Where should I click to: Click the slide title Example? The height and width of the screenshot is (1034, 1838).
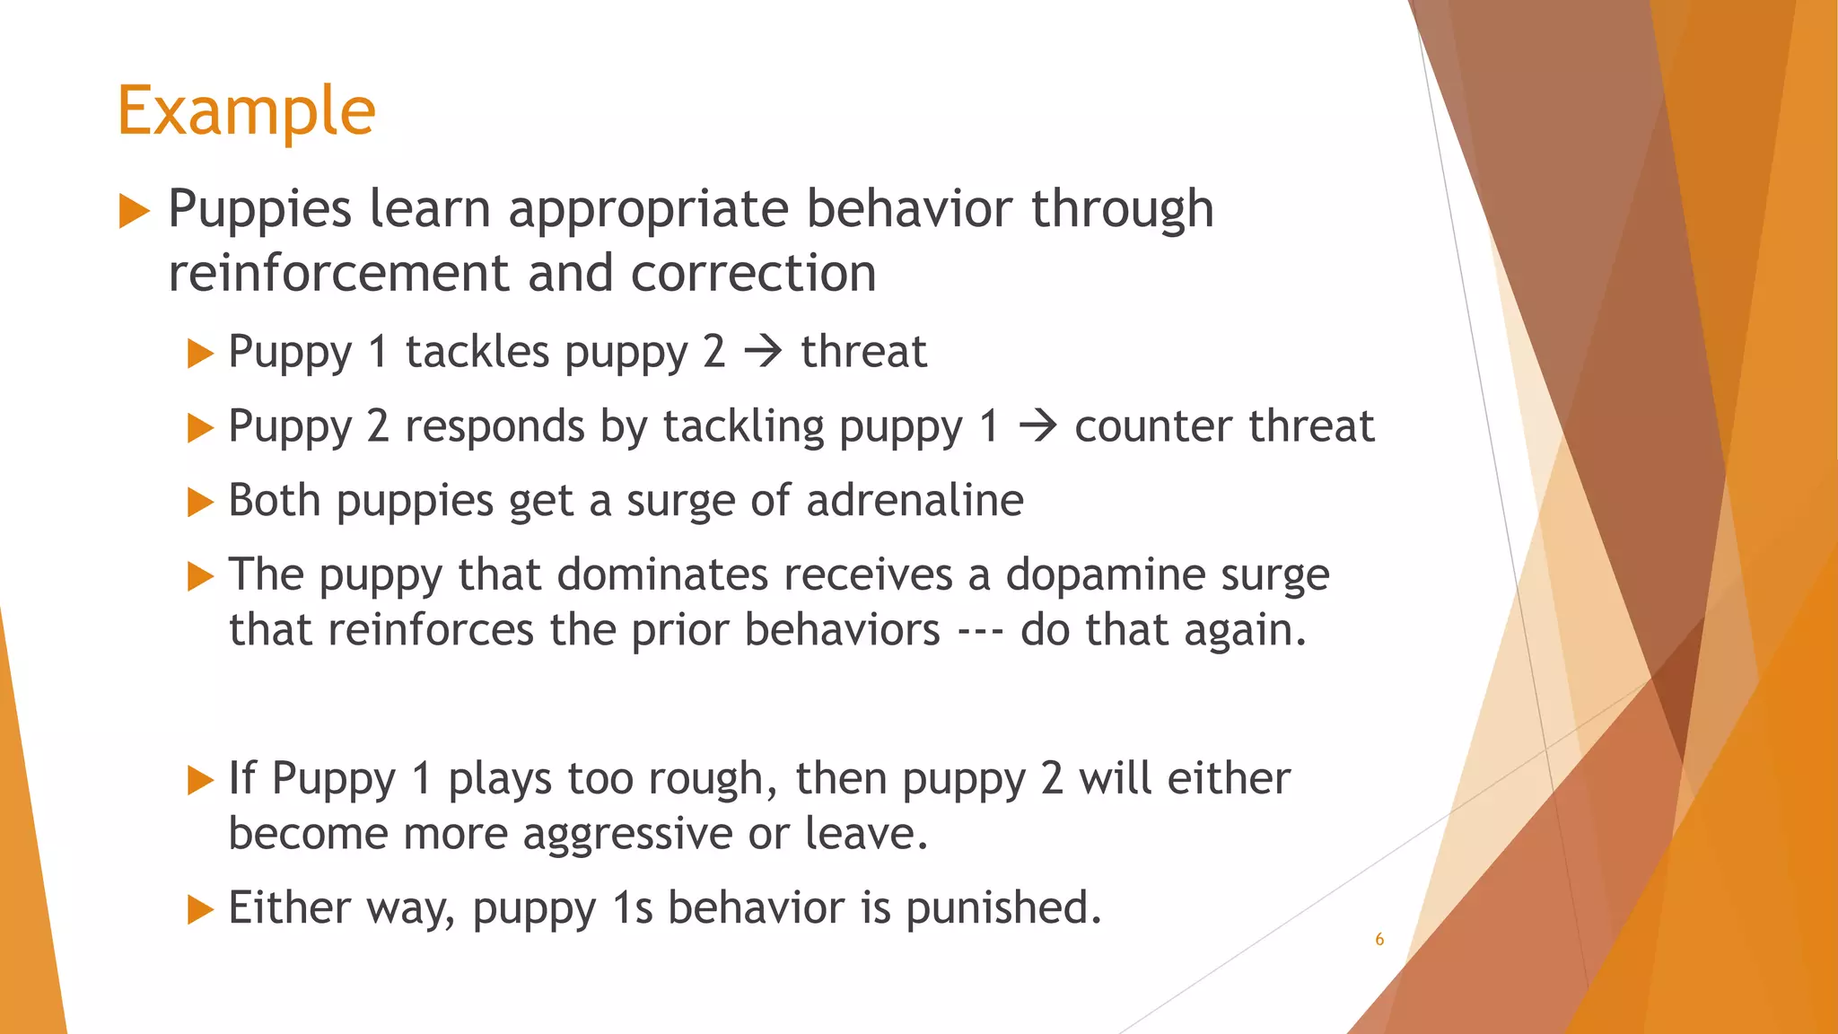(246, 111)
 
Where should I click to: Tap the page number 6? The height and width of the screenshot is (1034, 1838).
(1379, 940)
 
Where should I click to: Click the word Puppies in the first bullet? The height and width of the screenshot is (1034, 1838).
(259, 210)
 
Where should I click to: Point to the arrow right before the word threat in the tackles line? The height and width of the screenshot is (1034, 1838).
(764, 351)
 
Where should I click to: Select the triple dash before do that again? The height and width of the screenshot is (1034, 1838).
(980, 630)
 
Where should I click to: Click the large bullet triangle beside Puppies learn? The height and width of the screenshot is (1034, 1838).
(134, 211)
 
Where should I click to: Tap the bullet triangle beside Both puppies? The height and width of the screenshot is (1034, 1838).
(199, 502)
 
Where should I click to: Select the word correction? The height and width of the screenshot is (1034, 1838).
(753, 274)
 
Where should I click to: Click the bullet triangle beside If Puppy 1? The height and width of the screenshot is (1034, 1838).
(199, 780)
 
